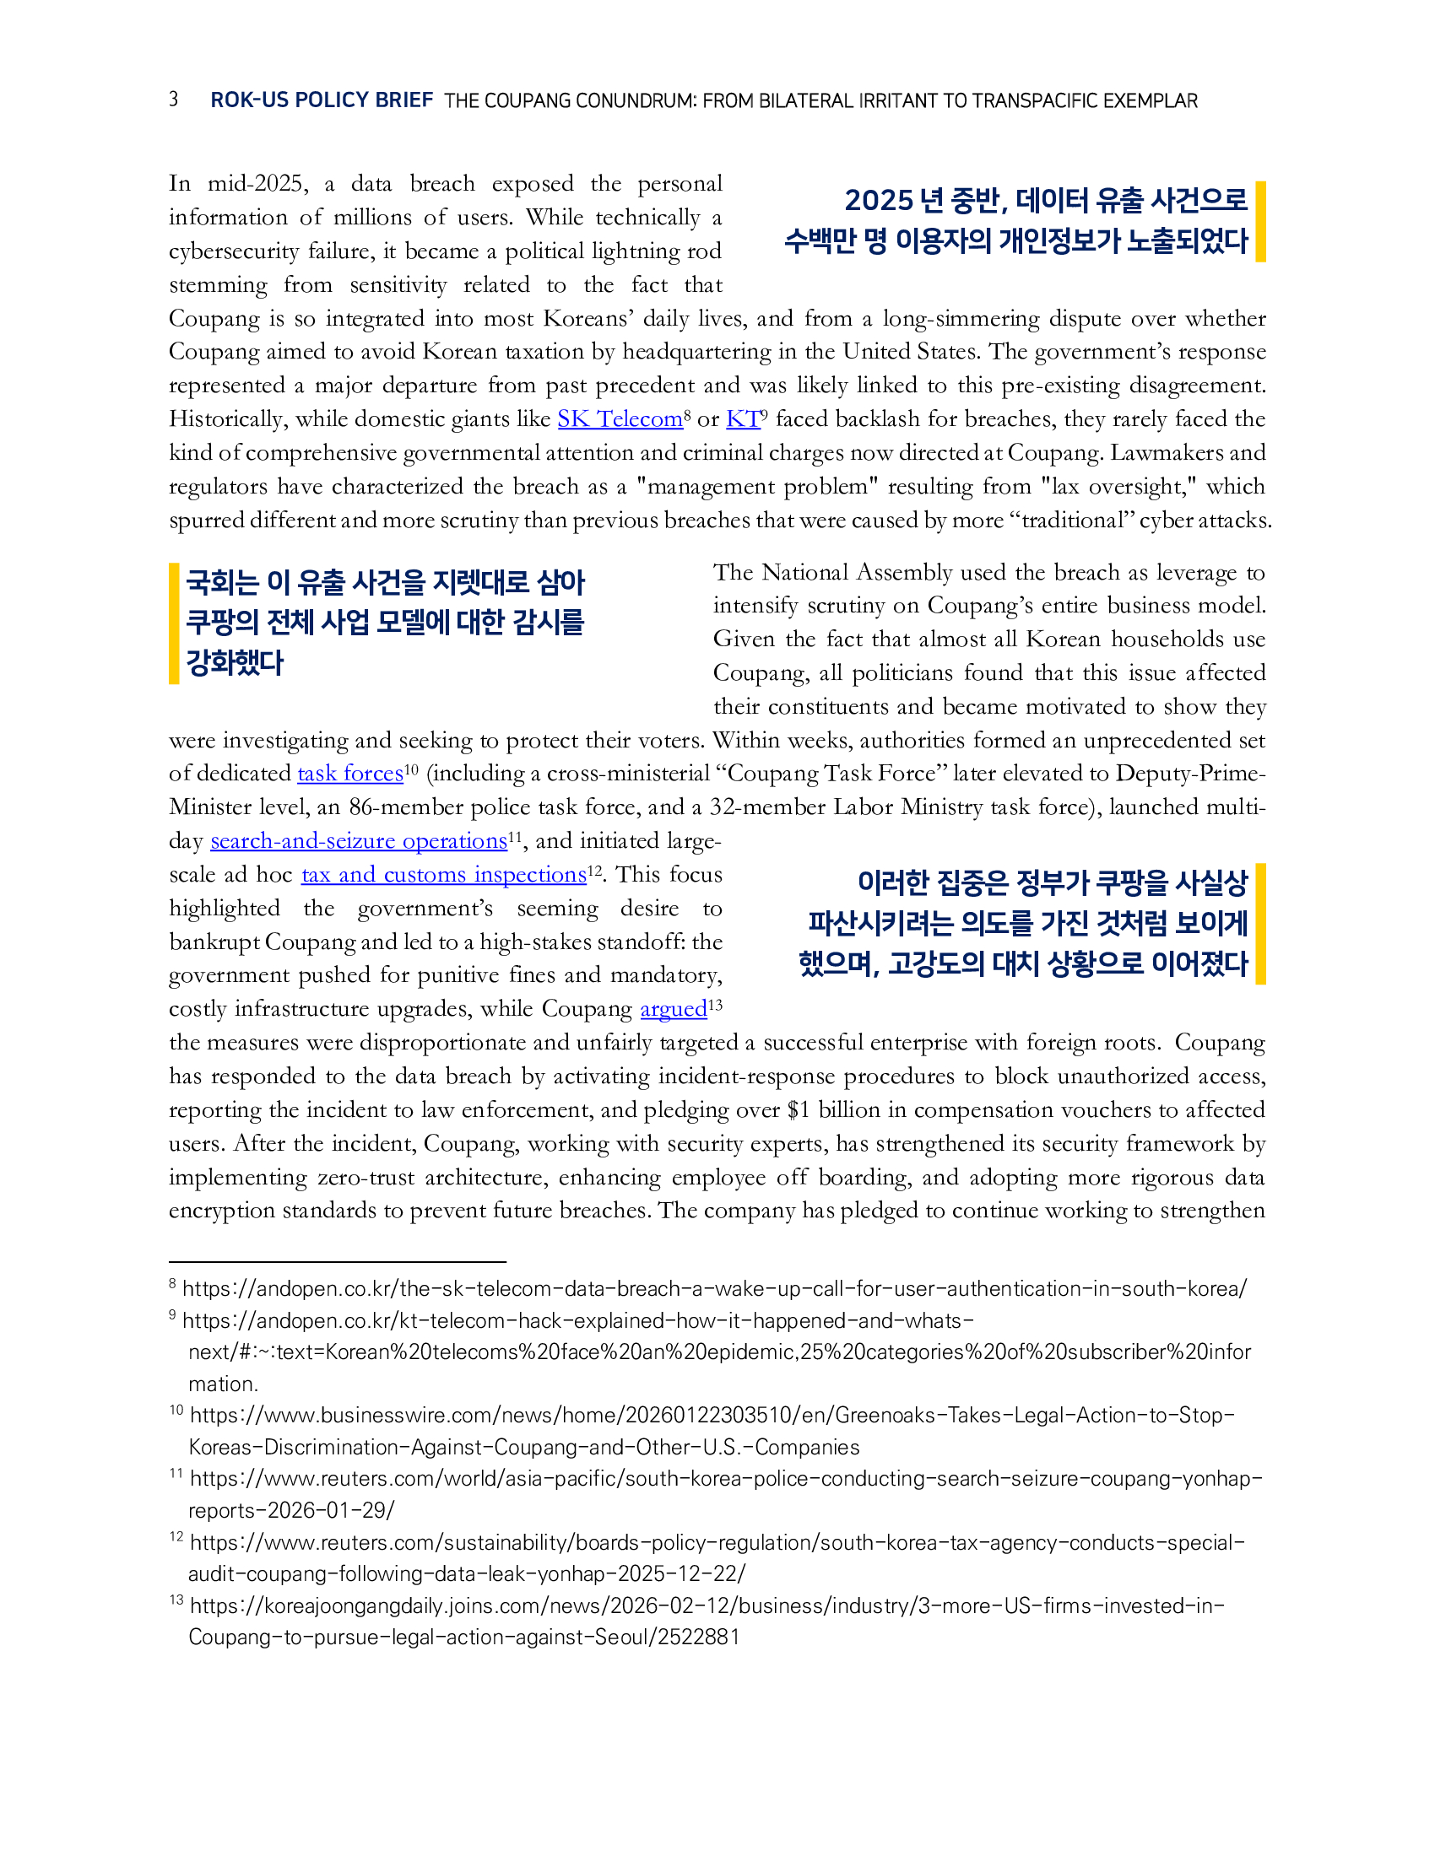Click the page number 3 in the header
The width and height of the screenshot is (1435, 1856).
click(x=173, y=100)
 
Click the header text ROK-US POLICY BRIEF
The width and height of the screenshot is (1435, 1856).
click(x=322, y=100)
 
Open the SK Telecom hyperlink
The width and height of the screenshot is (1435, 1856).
click(x=620, y=419)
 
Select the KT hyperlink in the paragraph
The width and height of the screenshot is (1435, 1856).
click(x=743, y=419)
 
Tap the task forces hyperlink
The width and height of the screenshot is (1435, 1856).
click(x=349, y=774)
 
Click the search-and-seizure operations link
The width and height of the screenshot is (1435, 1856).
click(x=358, y=841)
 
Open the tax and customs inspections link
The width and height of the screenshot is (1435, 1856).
click(x=444, y=875)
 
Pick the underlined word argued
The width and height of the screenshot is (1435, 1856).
click(x=674, y=1009)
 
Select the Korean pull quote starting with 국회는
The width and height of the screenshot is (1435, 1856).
click(x=385, y=623)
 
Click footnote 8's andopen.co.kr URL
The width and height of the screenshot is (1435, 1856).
click(x=714, y=1289)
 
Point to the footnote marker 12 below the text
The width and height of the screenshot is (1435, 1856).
click(x=176, y=1536)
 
